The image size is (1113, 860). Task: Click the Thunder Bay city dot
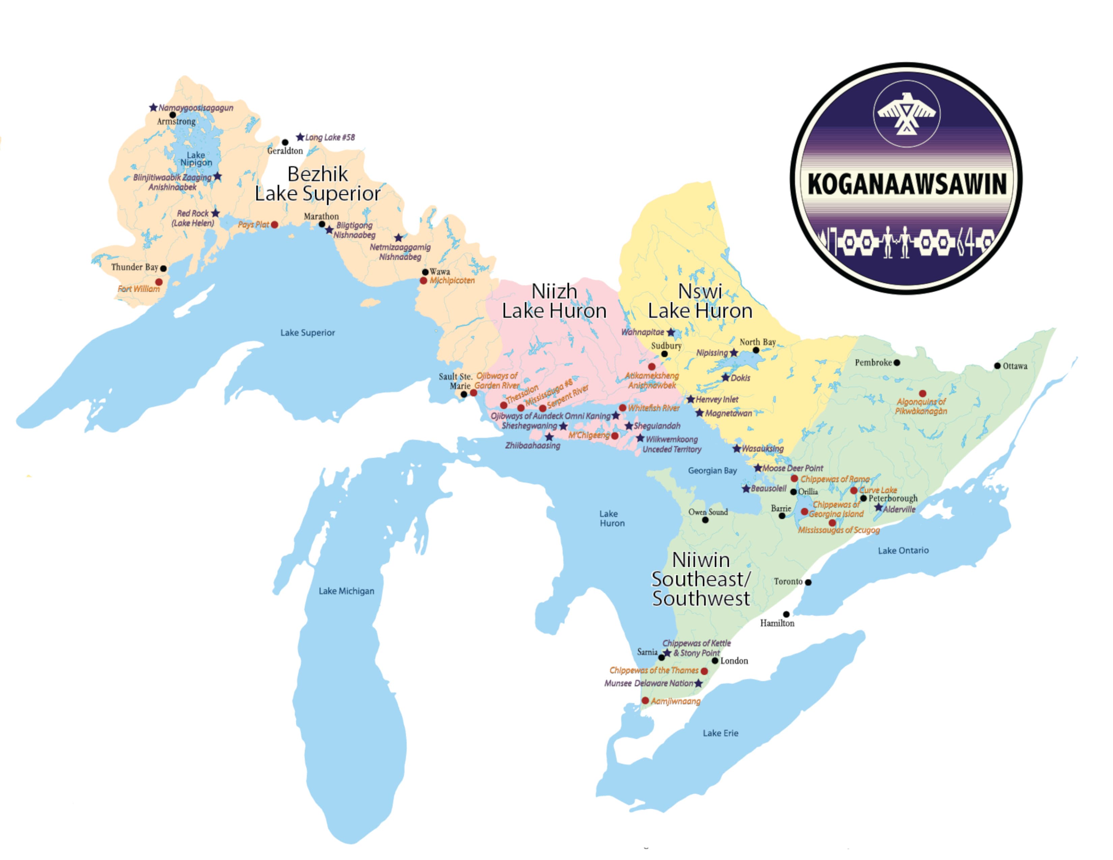click(163, 268)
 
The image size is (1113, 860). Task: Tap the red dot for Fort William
click(159, 282)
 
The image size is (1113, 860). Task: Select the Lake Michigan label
click(346, 591)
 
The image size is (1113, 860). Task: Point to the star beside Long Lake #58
click(300, 137)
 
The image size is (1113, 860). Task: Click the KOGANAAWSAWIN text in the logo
click(907, 184)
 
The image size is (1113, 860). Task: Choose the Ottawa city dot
click(997, 366)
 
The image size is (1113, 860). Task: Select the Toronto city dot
click(808, 582)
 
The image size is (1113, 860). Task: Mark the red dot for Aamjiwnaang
click(645, 700)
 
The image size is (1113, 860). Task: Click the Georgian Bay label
click(712, 471)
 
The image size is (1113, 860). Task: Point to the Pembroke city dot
click(897, 363)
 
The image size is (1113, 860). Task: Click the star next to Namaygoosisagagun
click(153, 108)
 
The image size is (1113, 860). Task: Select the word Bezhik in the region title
click(317, 174)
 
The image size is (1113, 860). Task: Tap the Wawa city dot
click(425, 272)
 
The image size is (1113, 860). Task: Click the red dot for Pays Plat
click(275, 225)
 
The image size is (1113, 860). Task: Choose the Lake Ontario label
click(903, 550)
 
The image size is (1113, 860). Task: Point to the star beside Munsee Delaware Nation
click(698, 683)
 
